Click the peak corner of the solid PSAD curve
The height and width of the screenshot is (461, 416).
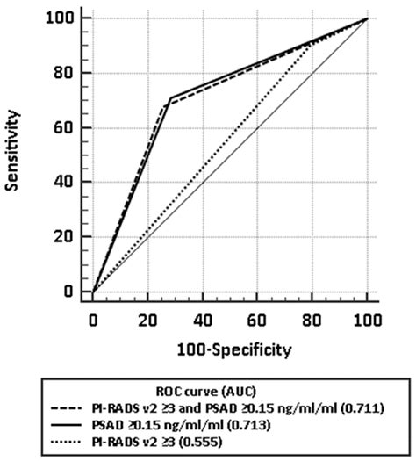169,97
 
